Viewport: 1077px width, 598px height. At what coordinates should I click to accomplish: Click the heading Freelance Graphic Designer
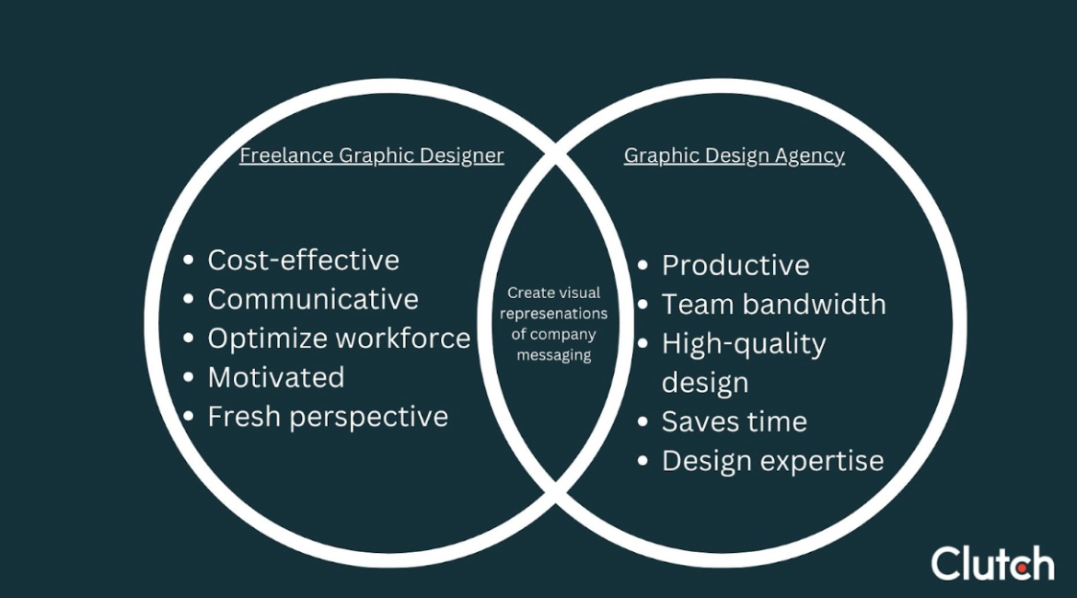point(371,155)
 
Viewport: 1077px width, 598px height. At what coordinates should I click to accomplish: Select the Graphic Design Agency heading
point(734,155)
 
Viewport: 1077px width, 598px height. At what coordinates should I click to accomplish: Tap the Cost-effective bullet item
point(303,260)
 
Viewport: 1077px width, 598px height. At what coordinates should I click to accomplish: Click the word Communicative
point(313,299)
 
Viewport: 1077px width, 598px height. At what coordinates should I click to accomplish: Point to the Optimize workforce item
point(339,339)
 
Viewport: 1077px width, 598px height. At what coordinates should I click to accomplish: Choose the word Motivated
point(276,377)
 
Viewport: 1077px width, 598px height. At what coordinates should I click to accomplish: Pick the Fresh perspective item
point(328,417)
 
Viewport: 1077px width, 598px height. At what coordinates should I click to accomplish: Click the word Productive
point(735,266)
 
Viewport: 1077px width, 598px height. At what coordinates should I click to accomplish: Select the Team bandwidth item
point(773,305)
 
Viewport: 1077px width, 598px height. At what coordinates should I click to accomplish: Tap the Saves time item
point(734,422)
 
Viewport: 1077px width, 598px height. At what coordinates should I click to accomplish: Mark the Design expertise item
point(772,461)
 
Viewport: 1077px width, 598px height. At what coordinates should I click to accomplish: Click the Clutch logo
point(992,563)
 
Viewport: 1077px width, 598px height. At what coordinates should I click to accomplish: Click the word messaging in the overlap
point(553,355)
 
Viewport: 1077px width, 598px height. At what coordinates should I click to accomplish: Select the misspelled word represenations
point(553,314)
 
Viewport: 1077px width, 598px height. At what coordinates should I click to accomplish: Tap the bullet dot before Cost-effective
point(189,261)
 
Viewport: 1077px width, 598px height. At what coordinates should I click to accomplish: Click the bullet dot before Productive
point(643,267)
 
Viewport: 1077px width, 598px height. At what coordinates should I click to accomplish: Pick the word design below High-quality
point(704,383)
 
